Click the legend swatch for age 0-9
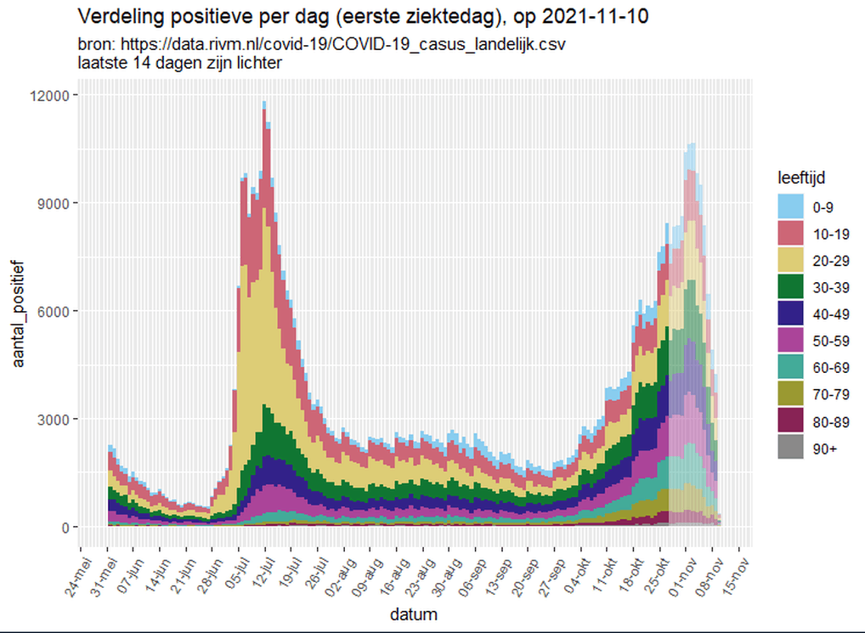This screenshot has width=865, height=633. pyautogui.click(x=789, y=206)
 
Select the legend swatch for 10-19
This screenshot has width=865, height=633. pyautogui.click(x=789, y=234)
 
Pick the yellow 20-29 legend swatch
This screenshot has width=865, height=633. pyautogui.click(x=789, y=260)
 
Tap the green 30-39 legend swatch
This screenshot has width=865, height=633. pyautogui.click(x=789, y=287)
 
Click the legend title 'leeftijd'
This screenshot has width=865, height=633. pyautogui.click(x=800, y=178)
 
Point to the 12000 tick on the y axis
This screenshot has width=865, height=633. pyautogui.click(x=54, y=95)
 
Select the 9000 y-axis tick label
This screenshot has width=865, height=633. pyautogui.click(x=58, y=203)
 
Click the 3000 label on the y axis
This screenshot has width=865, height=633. pyautogui.click(x=58, y=419)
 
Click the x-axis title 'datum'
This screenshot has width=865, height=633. pyautogui.click(x=414, y=613)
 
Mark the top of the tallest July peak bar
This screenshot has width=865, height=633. pyautogui.click(x=264, y=104)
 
